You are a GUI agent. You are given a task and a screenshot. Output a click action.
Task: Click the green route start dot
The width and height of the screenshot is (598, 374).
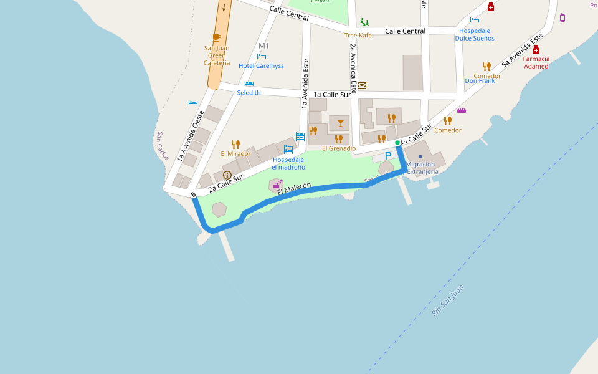coord(397,143)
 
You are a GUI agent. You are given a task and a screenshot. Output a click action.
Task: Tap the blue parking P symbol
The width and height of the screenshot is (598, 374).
coord(388,156)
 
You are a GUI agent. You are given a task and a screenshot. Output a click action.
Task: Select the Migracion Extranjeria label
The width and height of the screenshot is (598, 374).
coord(422,168)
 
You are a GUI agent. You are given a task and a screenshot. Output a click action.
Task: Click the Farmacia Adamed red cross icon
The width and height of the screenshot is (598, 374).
coord(536,49)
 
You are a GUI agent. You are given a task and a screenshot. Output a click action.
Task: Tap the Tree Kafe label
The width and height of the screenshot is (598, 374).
coord(358,36)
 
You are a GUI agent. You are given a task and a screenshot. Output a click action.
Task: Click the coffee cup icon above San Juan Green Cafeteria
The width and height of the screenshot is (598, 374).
coord(217,38)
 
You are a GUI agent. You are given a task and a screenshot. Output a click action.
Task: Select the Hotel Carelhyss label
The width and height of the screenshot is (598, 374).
coord(261,65)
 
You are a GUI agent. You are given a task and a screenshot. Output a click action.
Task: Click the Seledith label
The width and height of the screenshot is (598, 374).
coord(249,92)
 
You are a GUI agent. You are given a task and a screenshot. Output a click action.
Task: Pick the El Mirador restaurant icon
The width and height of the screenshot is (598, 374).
coord(235,145)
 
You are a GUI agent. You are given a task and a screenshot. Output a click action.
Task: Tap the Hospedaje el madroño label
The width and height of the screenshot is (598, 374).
coord(288,163)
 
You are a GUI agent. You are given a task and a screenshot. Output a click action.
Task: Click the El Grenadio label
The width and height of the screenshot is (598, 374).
coord(339,148)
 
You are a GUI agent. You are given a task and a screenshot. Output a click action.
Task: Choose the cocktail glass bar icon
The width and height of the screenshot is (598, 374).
coord(340,122)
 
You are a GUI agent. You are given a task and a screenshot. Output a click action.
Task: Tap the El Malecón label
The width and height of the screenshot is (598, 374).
coord(294,188)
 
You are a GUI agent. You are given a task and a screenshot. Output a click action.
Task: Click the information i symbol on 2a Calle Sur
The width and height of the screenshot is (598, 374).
coord(227,175)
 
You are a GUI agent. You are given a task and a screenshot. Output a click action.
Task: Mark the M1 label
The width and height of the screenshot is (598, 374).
coord(263,46)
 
